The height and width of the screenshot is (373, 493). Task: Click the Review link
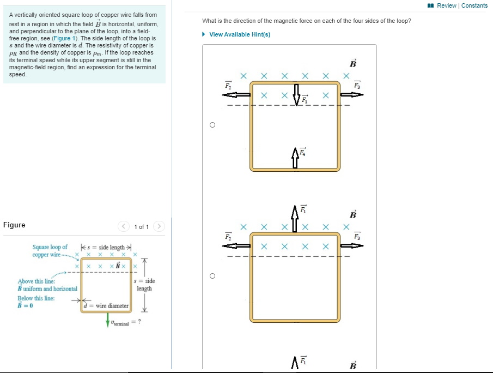[446, 5]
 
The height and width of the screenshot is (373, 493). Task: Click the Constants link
[474, 5]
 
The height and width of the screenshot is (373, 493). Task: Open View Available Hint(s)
[239, 34]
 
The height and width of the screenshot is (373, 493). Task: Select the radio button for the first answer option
[212, 125]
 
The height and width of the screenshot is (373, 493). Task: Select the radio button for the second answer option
[212, 276]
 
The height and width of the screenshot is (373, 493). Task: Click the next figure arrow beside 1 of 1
[159, 226]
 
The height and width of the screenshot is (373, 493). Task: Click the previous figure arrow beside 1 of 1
[124, 226]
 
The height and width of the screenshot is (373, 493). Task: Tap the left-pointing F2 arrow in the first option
[236, 94]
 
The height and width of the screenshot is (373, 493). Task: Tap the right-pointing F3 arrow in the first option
[352, 94]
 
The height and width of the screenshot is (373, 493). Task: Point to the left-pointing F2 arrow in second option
[236, 245]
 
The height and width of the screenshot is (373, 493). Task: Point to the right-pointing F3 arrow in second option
[352, 245]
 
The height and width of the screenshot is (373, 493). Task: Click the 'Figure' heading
[14, 225]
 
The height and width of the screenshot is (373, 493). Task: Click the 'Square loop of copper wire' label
[50, 251]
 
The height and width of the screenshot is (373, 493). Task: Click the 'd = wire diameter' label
[107, 306]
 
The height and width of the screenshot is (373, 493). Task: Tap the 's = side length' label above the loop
[107, 248]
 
